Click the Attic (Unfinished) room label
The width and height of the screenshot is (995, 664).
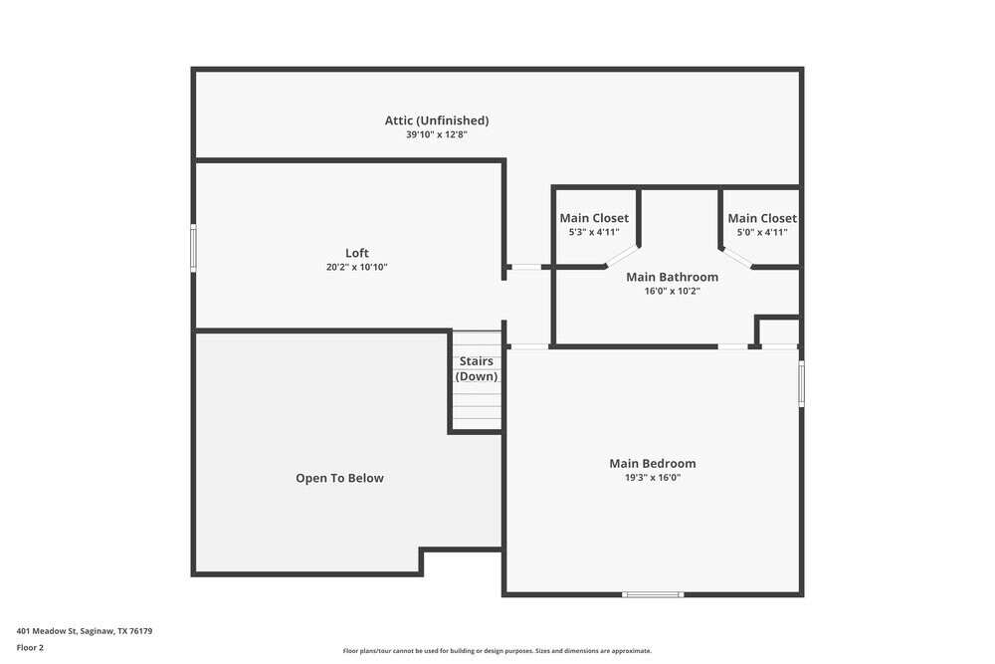point(437,120)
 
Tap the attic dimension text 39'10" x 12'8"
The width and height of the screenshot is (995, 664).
point(437,134)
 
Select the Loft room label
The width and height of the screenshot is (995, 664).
point(356,253)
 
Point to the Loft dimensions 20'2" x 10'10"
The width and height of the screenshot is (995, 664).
point(356,267)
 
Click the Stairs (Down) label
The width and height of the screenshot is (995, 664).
point(477,368)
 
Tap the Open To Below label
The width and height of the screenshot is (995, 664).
point(339,478)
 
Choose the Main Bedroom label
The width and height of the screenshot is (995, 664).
point(653,463)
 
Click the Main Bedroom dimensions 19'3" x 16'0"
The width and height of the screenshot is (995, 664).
point(653,477)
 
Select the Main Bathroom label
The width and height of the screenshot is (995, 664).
point(672,277)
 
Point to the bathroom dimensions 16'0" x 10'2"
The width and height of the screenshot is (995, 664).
point(672,291)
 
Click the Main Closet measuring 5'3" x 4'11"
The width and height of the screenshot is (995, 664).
point(594,224)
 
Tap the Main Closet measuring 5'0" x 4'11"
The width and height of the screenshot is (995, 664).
point(762,224)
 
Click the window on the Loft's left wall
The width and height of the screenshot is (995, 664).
point(193,247)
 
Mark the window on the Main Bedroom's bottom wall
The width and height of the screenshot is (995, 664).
point(653,594)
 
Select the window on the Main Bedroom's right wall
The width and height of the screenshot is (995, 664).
point(801,383)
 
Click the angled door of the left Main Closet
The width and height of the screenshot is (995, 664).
point(622,256)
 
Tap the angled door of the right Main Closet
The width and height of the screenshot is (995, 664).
point(737,257)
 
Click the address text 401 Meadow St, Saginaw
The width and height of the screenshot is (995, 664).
point(84,631)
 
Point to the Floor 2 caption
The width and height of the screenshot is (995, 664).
point(30,647)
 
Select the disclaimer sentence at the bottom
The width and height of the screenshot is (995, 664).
point(497,651)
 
